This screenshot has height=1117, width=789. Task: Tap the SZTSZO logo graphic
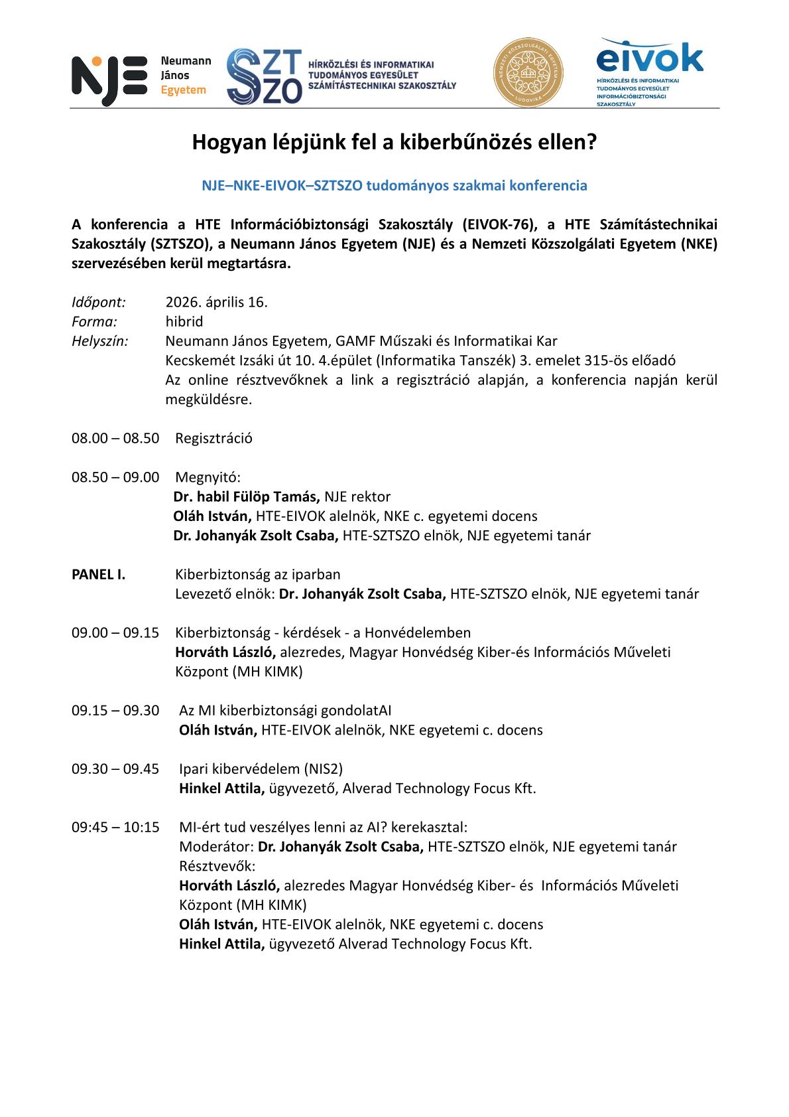[264, 76]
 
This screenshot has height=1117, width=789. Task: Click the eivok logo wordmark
[649, 58]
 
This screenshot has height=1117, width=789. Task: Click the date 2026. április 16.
[216, 303]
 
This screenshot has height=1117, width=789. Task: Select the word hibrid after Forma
[184, 322]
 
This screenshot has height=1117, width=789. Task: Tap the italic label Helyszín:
[100, 341]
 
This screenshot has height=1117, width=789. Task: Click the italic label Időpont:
[99, 303]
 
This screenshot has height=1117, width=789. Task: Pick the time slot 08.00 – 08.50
[115, 439]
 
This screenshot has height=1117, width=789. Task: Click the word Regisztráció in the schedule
[213, 439]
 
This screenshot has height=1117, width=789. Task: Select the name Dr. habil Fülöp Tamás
[247, 497]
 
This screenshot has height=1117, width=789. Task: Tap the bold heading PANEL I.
[98, 575]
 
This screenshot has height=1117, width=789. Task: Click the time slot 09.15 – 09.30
[115, 711]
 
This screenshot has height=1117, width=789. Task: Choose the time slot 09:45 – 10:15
[115, 828]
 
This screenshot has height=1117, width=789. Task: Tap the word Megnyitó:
[208, 478]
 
